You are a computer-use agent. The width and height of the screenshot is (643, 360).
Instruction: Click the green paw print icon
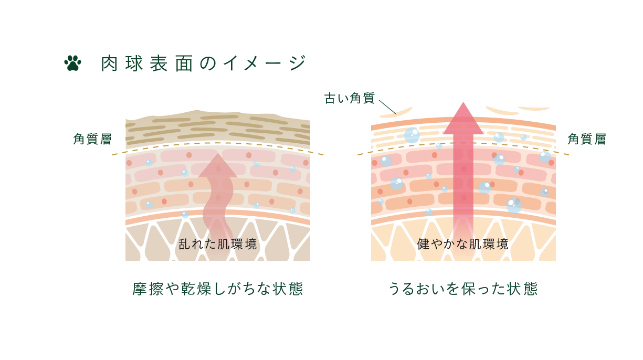point(72,63)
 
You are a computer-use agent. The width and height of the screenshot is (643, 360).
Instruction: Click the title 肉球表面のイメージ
point(204,63)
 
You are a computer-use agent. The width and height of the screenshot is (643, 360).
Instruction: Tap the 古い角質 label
point(350,98)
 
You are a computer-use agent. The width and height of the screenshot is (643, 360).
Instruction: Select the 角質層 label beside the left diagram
point(92,139)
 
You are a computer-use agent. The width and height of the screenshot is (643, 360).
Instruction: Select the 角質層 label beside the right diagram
point(587,139)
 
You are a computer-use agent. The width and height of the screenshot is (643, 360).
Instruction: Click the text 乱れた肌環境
point(218,245)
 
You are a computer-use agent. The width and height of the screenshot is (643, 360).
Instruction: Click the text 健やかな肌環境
point(463,245)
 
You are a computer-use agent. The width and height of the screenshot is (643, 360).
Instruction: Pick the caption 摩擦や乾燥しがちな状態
point(218,289)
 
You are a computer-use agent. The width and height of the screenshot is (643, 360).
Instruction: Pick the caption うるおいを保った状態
point(463,289)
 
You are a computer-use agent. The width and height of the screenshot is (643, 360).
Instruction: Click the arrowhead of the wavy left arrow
point(218,166)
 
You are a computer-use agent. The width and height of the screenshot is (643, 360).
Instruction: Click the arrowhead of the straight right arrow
point(463,119)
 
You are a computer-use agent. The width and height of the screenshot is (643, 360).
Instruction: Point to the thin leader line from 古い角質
point(387,107)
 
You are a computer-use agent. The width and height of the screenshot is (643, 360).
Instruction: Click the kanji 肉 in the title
point(109,63)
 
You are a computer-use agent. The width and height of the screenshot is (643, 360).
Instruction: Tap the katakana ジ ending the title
point(298,63)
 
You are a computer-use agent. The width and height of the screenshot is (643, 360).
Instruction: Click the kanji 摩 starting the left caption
point(140,289)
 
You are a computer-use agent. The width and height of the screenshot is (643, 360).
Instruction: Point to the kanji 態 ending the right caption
point(530,289)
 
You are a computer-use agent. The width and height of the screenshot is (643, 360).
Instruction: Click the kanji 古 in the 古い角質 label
point(330,98)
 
